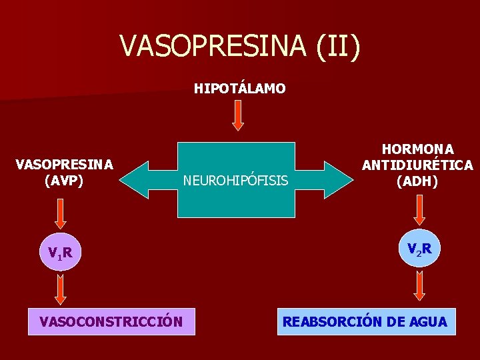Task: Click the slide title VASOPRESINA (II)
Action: pyautogui.click(x=240, y=46)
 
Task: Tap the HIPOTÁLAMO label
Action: pyautogui.click(x=239, y=88)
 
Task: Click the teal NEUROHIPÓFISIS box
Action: pyautogui.click(x=236, y=180)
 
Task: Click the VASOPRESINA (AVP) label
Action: pyautogui.click(x=64, y=172)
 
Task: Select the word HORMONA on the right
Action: pyautogui.click(x=417, y=149)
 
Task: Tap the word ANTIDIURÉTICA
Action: pyautogui.click(x=417, y=165)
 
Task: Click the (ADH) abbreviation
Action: pyautogui.click(x=417, y=181)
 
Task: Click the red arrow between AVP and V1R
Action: pyautogui.click(x=61, y=213)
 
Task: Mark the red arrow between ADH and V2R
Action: pyautogui.click(x=420, y=209)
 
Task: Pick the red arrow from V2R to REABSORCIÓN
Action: pyautogui.click(x=420, y=285)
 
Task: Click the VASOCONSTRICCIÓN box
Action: pyautogui.click(x=111, y=321)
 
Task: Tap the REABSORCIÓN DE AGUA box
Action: pyautogui.click(x=366, y=321)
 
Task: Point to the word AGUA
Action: pyautogui.click(x=425, y=321)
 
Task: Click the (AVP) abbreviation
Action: pyautogui.click(x=64, y=180)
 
